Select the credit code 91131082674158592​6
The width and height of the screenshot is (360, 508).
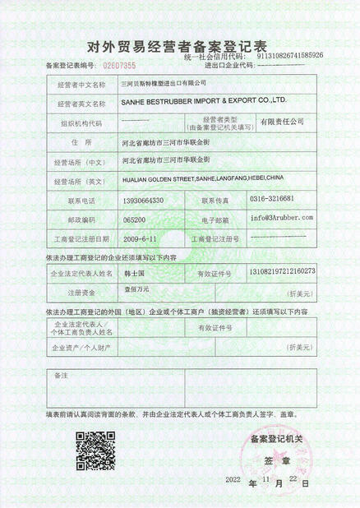pos(279,55)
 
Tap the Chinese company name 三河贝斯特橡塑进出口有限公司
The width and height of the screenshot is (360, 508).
pos(164,84)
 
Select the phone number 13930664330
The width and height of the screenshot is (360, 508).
pos(142,200)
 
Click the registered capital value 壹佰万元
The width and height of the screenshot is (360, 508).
pos(137,290)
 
